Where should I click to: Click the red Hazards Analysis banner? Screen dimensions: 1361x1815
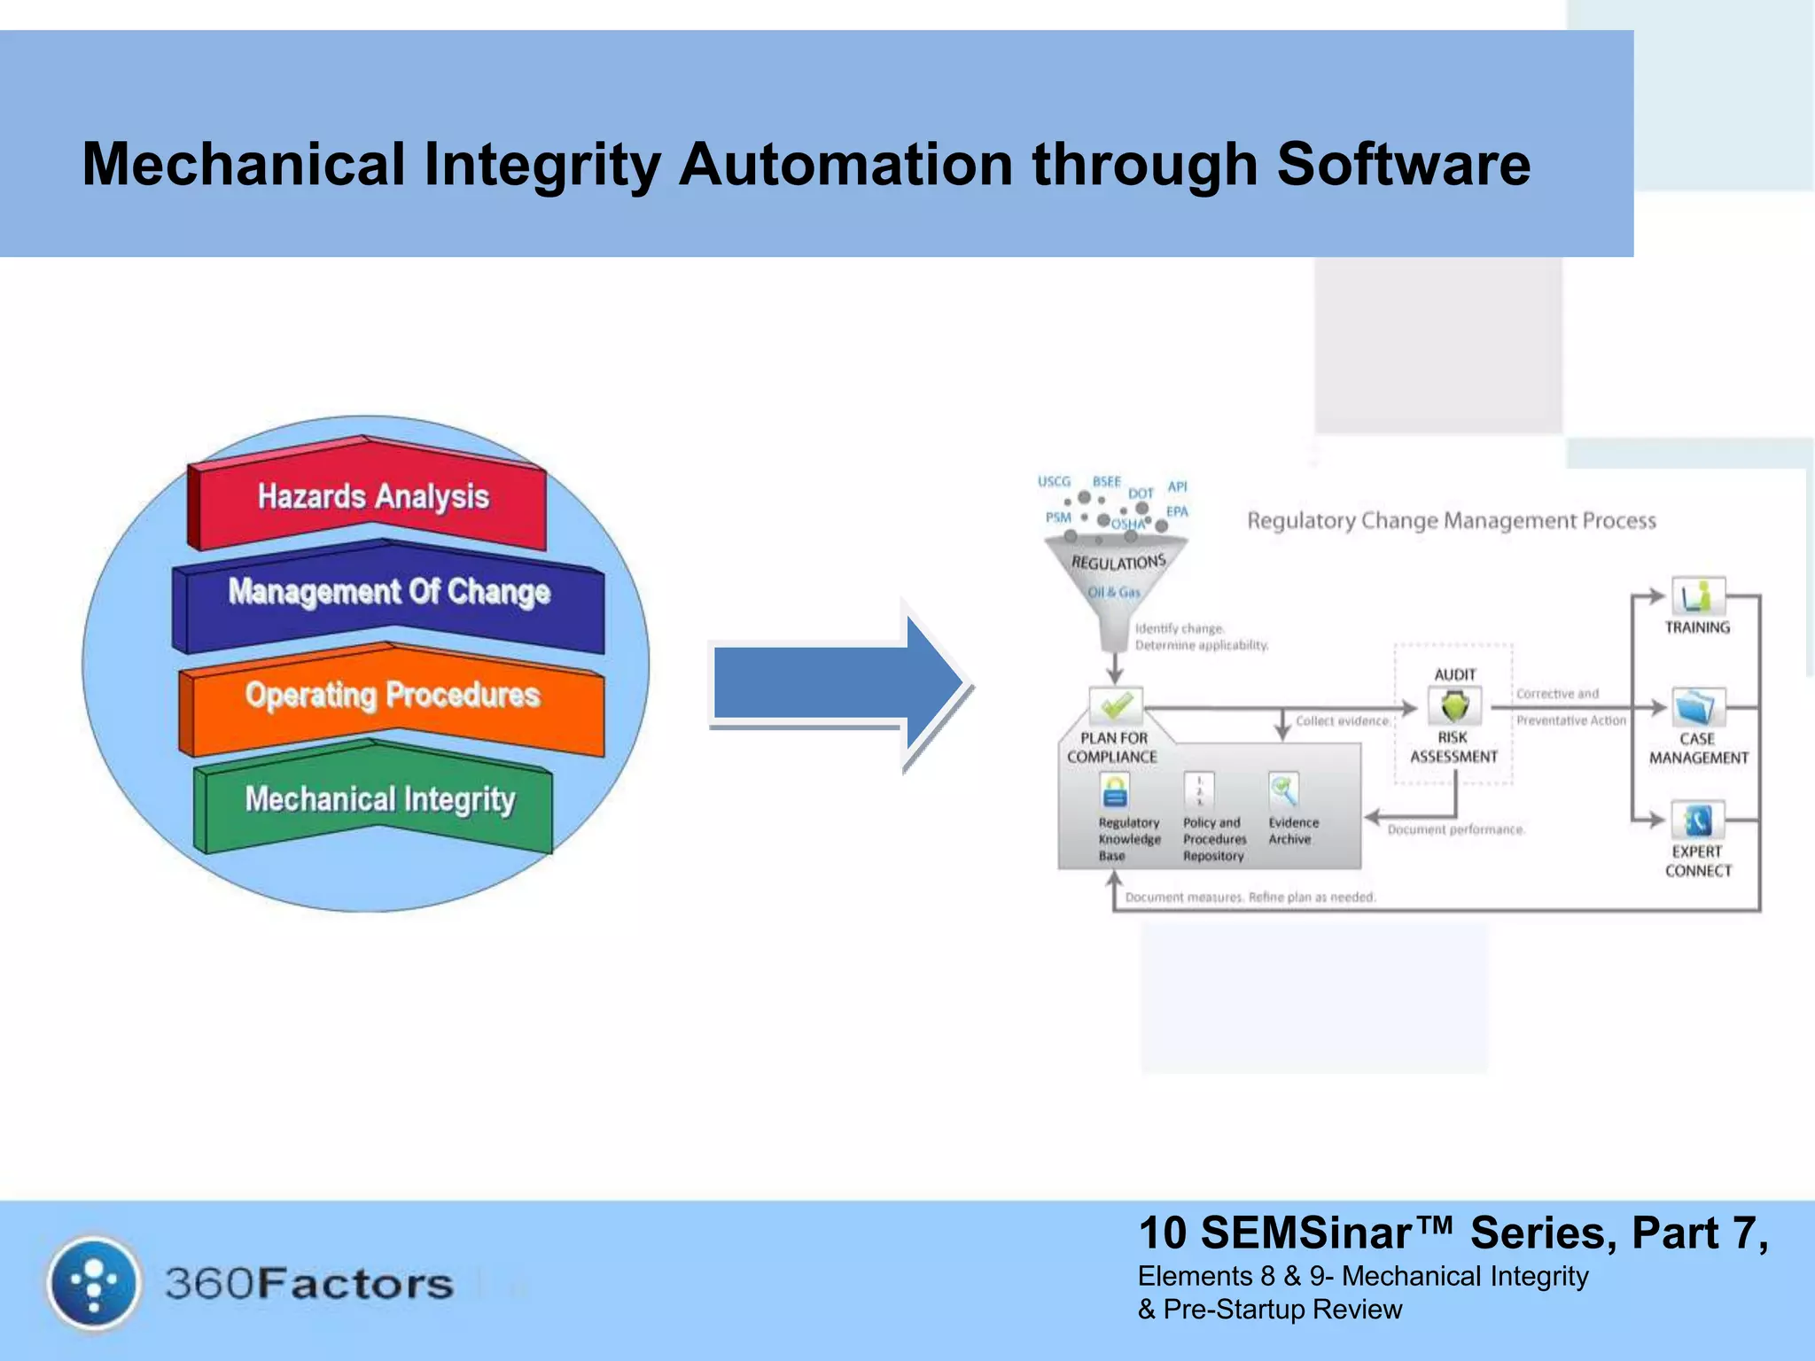point(372,496)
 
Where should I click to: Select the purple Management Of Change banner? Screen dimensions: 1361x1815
point(390,592)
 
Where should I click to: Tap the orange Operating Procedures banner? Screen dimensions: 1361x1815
point(393,696)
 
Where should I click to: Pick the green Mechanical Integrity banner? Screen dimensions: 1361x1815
point(379,799)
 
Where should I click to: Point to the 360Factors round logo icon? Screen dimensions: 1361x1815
point(94,1283)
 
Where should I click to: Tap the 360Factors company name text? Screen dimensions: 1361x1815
point(308,1284)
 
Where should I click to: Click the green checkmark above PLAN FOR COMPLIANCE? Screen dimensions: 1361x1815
point(1116,706)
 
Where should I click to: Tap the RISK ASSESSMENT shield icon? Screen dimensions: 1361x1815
point(1454,706)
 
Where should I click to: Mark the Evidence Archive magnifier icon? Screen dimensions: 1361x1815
point(1283,789)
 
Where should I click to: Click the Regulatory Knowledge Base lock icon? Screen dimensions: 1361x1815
point(1115,790)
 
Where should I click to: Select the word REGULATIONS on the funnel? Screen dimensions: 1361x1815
point(1118,562)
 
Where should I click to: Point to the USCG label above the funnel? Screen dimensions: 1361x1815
point(1054,481)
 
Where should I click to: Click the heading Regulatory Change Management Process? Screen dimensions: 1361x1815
point(1451,520)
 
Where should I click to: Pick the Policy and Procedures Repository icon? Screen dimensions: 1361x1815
point(1199,789)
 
